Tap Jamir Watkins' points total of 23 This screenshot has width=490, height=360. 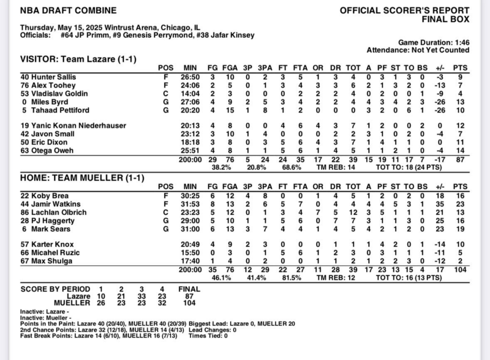(460, 204)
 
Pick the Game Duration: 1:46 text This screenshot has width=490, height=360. (434, 42)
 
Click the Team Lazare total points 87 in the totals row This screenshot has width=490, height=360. (460, 160)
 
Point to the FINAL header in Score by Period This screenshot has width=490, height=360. (189, 289)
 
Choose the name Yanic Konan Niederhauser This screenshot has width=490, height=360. (73, 126)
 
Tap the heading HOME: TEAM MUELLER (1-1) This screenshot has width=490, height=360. (82, 178)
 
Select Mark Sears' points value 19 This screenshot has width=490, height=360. (460, 229)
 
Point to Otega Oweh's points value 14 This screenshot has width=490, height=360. (460, 151)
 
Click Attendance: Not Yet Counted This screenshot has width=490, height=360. (418, 50)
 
